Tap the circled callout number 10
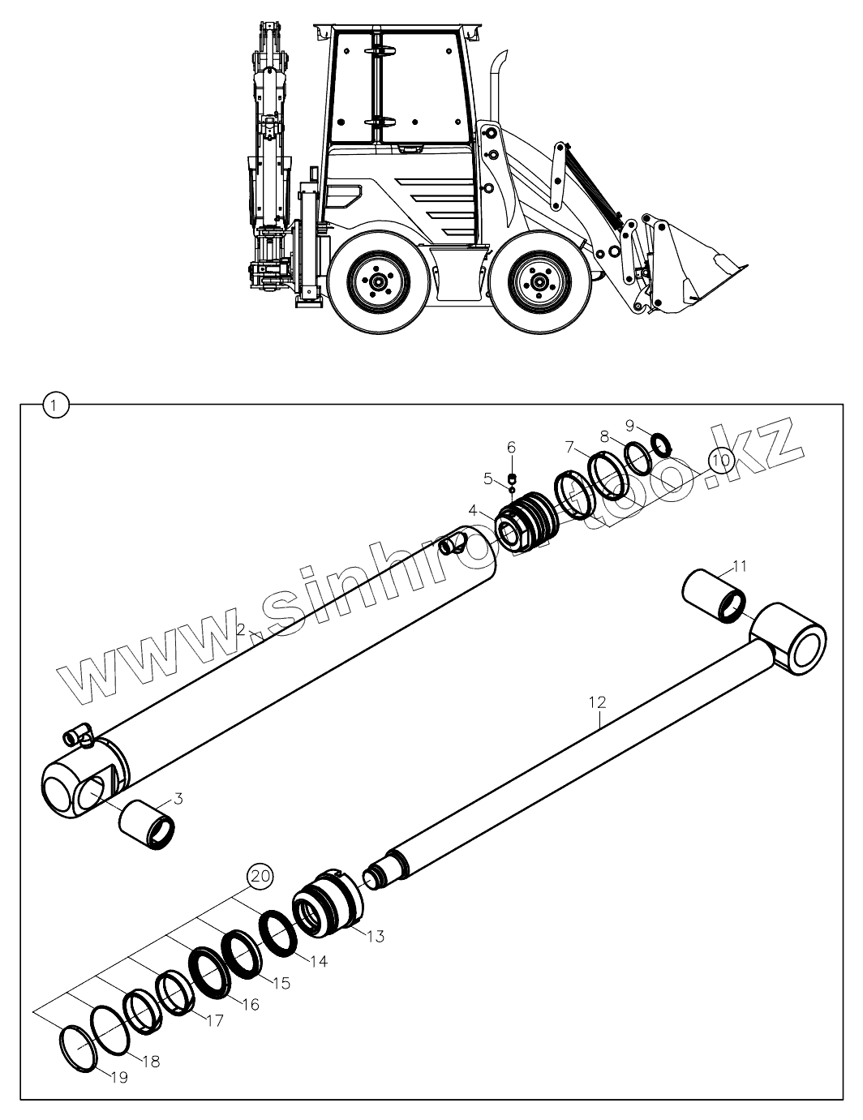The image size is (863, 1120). [719, 460]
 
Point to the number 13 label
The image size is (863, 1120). [375, 936]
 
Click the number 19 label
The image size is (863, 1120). [118, 1078]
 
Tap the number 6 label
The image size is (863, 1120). [511, 447]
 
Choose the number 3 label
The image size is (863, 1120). [178, 799]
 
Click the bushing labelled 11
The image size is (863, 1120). [713, 594]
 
